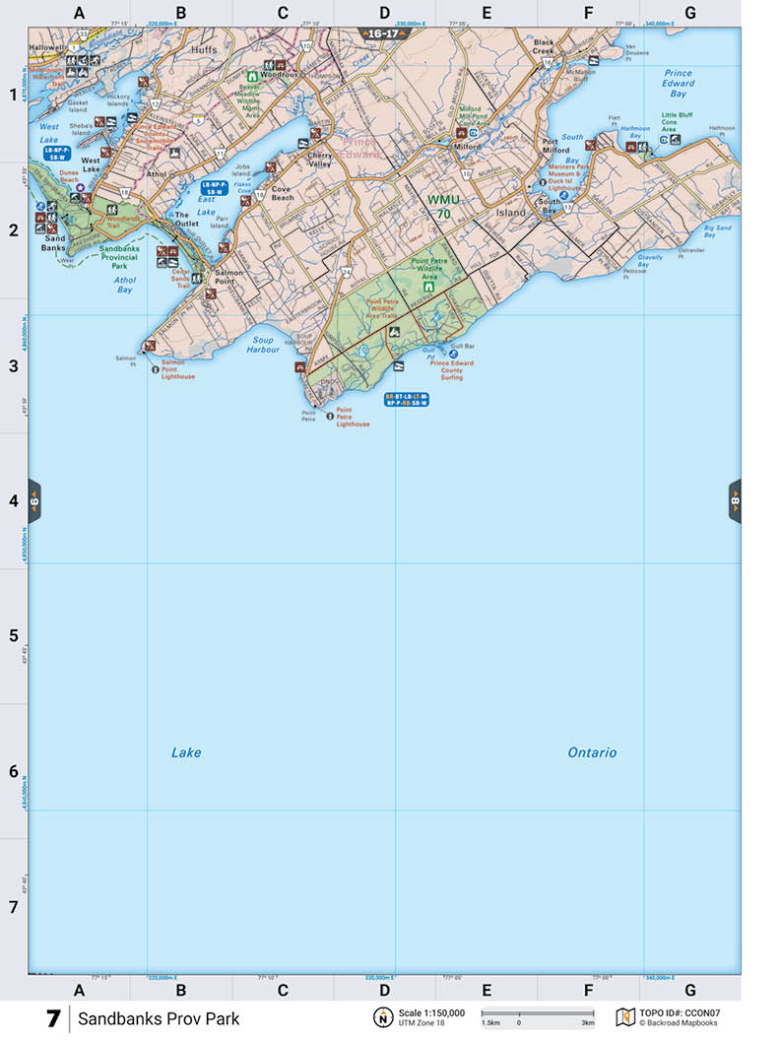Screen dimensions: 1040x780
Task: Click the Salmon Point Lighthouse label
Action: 178,372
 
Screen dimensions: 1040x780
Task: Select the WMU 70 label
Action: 443,206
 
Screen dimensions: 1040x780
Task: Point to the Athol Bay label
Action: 125,286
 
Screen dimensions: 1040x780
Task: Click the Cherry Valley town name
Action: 321,160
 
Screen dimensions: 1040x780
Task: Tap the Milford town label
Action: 467,147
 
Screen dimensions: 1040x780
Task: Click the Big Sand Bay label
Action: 717,232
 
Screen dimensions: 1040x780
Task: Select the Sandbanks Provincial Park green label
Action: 126,258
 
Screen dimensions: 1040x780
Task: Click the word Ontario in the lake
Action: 592,752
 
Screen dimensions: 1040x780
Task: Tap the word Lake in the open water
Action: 186,752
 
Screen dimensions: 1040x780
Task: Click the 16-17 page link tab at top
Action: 384,33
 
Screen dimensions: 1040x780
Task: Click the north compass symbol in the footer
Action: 381,1017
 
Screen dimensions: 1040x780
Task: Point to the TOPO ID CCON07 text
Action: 680,1012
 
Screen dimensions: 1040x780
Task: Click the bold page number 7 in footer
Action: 53,1018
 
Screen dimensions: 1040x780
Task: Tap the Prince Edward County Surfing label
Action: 451,370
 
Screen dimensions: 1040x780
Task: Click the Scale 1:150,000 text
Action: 431,1012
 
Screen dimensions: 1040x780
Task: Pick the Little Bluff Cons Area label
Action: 677,122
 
